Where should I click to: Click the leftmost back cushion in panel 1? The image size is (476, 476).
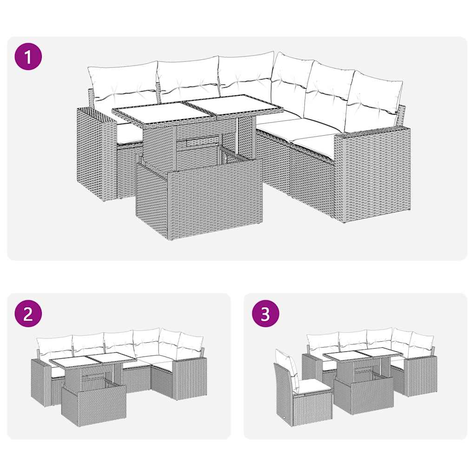[122, 84]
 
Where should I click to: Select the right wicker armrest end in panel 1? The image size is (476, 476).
[371, 174]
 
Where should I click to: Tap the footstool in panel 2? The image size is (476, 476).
[94, 404]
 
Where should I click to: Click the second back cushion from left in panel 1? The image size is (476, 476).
[187, 78]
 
